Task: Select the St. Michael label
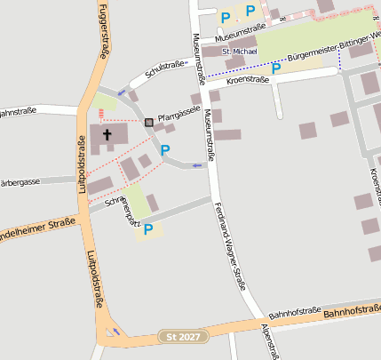coord(238,52)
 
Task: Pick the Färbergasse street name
coord(20,181)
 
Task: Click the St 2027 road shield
coord(184,337)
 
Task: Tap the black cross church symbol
coord(107,135)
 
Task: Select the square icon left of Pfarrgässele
coord(148,121)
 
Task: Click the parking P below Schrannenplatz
coord(147,229)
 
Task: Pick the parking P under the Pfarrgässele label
coord(164,150)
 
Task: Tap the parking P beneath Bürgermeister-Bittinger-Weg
coord(276,68)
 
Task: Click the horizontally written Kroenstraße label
coord(248,80)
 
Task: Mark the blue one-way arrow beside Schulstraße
coord(122,92)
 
